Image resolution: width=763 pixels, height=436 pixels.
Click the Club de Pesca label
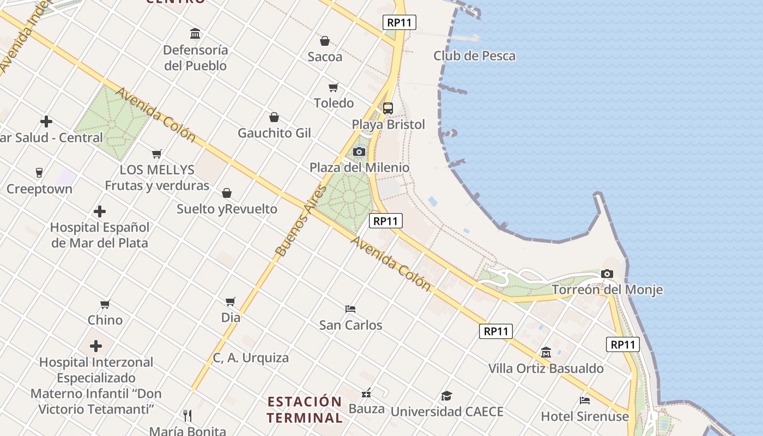pyautogui.click(x=474, y=56)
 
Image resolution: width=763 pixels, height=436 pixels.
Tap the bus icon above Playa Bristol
pyautogui.click(x=388, y=108)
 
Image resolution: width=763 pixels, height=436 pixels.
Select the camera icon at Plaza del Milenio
pyautogui.click(x=359, y=152)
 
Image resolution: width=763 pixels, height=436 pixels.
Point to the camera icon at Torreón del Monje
pyautogui.click(x=607, y=274)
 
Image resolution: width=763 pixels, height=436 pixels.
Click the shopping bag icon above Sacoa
pyautogui.click(x=325, y=41)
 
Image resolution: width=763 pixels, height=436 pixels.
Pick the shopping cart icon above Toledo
pyautogui.click(x=334, y=87)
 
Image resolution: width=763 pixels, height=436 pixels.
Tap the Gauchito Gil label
pyautogui.click(x=274, y=133)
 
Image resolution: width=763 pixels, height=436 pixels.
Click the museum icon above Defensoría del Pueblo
pyautogui.click(x=195, y=34)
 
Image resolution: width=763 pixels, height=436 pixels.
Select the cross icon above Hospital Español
pyautogui.click(x=100, y=211)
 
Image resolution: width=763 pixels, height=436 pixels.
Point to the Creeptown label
pyautogui.click(x=39, y=189)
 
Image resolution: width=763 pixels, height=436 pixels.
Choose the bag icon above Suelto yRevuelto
pyautogui.click(x=227, y=193)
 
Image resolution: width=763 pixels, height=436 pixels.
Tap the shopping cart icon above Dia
pyautogui.click(x=231, y=301)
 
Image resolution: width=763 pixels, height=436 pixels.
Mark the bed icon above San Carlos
pyautogui.click(x=350, y=309)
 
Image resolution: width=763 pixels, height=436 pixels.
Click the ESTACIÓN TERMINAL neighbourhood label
pyautogui.click(x=305, y=410)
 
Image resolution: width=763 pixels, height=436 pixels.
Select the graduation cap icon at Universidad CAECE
pyautogui.click(x=446, y=396)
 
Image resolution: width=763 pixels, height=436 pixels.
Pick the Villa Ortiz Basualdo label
pyautogui.click(x=546, y=368)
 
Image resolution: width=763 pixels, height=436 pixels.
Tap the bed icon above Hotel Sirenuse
pyautogui.click(x=585, y=401)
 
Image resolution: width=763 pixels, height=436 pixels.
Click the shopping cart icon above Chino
pyautogui.click(x=105, y=304)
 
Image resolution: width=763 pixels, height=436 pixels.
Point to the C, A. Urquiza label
pyautogui.click(x=251, y=358)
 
